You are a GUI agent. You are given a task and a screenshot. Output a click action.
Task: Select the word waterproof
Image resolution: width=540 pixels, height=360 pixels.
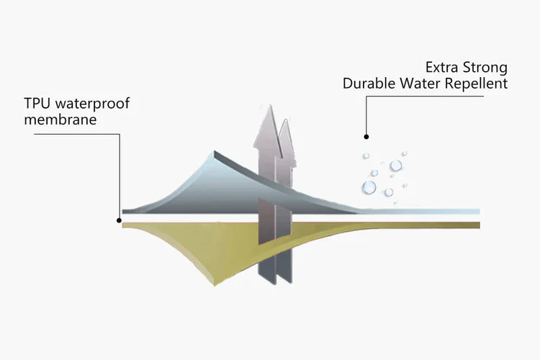click(x=92, y=104)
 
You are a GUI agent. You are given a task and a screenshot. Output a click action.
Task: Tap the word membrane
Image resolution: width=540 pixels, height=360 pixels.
click(x=60, y=120)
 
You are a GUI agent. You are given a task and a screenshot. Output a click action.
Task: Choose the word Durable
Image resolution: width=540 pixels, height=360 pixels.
click(x=369, y=84)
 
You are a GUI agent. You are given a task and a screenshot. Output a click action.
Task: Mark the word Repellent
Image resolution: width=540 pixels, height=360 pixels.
click(x=477, y=84)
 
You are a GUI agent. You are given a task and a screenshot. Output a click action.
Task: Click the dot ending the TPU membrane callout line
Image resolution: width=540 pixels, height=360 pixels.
click(x=119, y=220)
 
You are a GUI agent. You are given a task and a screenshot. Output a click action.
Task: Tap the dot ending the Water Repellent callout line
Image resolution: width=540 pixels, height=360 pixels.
click(x=366, y=137)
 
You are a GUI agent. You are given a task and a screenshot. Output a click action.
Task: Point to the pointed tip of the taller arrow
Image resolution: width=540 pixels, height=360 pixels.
click(x=270, y=105)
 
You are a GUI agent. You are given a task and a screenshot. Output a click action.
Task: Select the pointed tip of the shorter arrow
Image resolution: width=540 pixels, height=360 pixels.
click(x=286, y=120)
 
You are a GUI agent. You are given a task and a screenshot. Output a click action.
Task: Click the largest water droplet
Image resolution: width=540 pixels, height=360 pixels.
click(x=369, y=187)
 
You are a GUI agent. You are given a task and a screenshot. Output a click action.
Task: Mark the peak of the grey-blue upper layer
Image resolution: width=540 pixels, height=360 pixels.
click(x=215, y=151)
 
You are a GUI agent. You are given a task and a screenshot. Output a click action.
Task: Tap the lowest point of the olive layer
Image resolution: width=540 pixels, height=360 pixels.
click(x=215, y=286)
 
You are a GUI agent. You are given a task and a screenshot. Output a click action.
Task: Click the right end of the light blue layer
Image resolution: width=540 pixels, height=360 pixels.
click(x=480, y=211)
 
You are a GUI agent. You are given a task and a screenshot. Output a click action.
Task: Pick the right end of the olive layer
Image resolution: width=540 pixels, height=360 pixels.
click(x=480, y=225)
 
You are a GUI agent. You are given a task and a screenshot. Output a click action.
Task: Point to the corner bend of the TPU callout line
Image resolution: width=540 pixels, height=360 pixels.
click(x=120, y=135)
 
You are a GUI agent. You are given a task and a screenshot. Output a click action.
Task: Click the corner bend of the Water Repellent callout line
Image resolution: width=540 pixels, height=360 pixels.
click(x=366, y=96)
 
